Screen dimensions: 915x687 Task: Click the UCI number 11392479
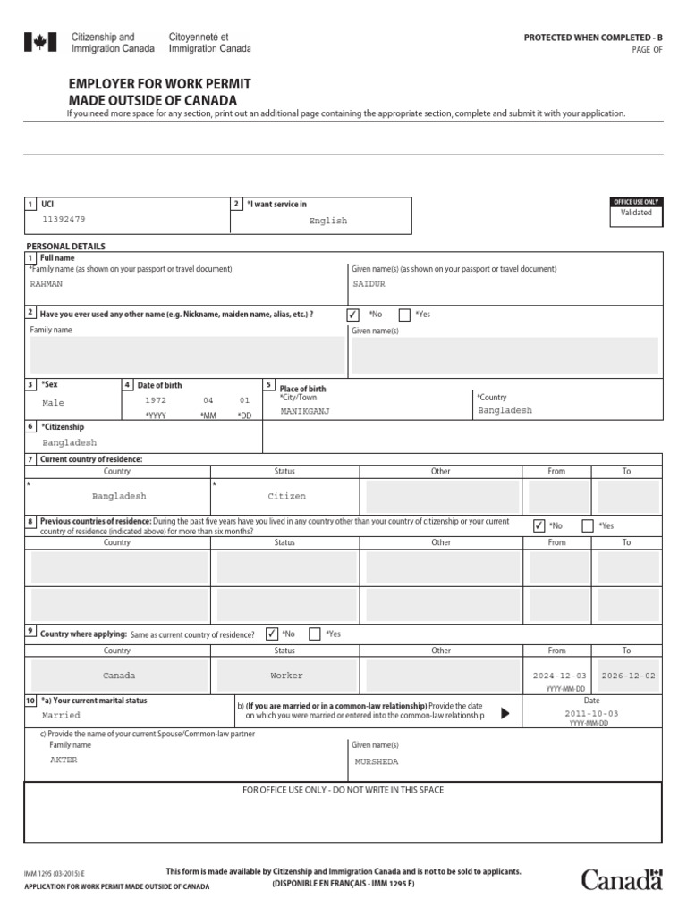[64, 219]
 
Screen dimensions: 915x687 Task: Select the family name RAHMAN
[47, 284]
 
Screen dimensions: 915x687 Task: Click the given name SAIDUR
[369, 284]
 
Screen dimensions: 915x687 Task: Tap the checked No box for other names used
[353, 315]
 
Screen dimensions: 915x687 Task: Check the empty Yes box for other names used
[404, 315]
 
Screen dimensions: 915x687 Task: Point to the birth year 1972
[156, 401]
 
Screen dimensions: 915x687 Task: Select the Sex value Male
[54, 403]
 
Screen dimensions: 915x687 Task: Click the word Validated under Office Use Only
[636, 214]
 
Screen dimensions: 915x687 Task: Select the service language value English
[328, 221]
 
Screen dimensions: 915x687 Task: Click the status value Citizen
[286, 496]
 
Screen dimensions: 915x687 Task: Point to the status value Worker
[286, 676]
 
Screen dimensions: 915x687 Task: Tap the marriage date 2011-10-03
[591, 714]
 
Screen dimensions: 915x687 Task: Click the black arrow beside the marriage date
[505, 713]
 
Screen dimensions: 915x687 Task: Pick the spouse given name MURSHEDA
[376, 762]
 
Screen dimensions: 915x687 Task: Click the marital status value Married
[61, 716]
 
